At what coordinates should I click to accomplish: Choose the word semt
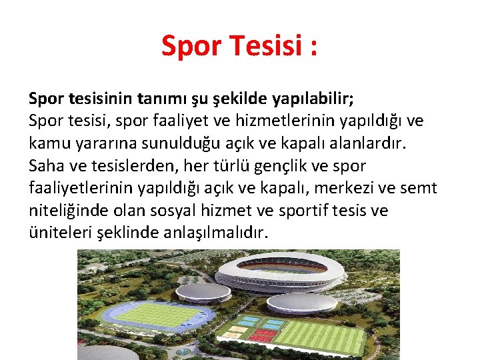tap(418, 188)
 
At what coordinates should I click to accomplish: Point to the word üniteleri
tap(55, 233)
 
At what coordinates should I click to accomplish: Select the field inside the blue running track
tap(160, 314)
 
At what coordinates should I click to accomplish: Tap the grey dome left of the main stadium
tap(194, 291)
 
